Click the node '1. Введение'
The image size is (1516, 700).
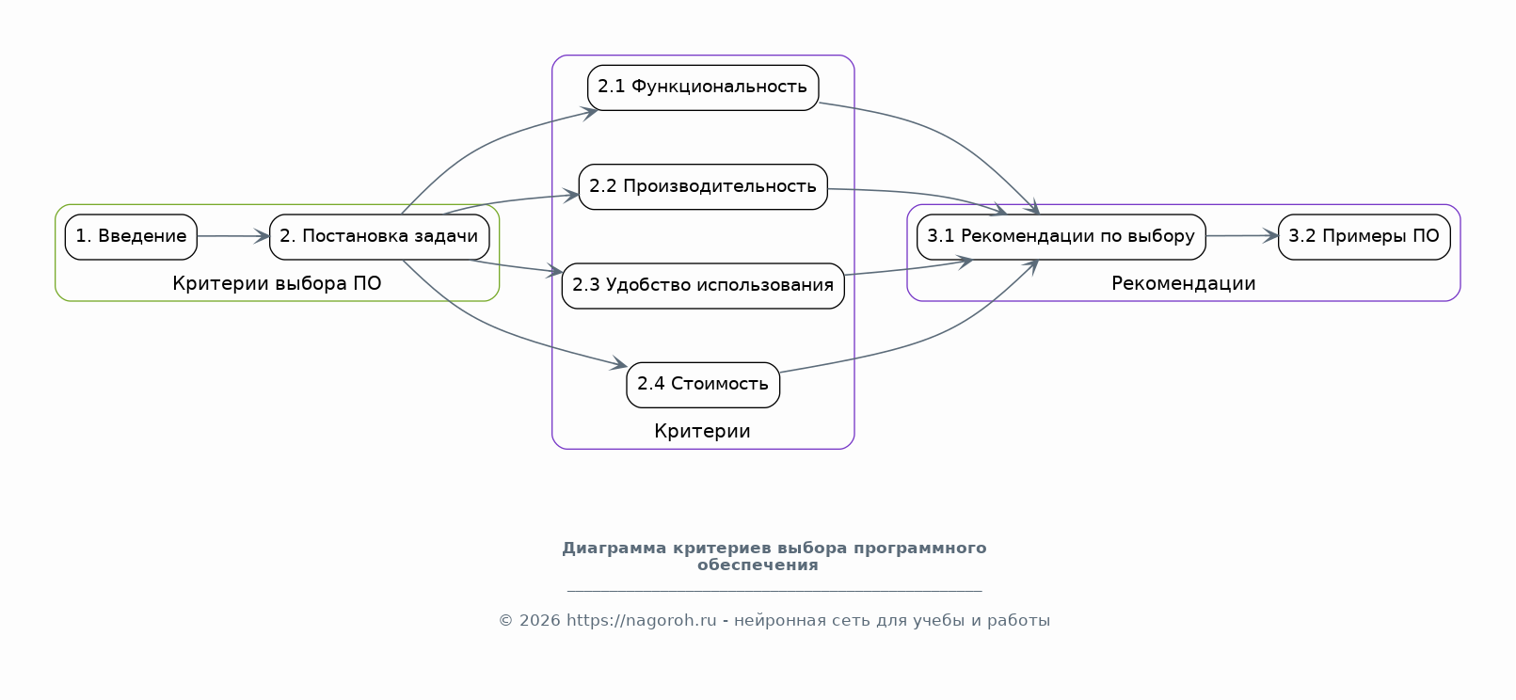[131, 237]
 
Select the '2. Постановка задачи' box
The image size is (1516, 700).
[379, 237]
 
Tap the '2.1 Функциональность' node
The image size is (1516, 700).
[703, 87]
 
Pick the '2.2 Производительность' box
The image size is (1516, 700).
[703, 187]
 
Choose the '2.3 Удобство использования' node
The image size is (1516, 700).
[703, 286]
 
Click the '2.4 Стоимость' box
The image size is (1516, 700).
[703, 385]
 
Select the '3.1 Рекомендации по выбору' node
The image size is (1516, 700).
[1061, 237]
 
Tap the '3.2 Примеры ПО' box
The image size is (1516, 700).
[1364, 237]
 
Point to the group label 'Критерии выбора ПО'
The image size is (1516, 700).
[277, 283]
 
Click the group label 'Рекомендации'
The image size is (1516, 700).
[1183, 283]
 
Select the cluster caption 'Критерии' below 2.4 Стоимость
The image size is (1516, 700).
[702, 431]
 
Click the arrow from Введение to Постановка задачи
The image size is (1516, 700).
[233, 236]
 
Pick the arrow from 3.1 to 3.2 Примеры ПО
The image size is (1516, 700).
[1242, 235]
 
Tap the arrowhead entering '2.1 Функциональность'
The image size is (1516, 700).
[590, 113]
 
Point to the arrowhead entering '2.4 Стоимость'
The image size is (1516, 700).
[618, 363]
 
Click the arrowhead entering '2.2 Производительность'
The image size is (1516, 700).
[571, 197]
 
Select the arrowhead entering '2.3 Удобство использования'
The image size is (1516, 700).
[554, 272]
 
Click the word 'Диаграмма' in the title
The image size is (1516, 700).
[614, 548]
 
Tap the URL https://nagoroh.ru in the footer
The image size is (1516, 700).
[641, 621]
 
